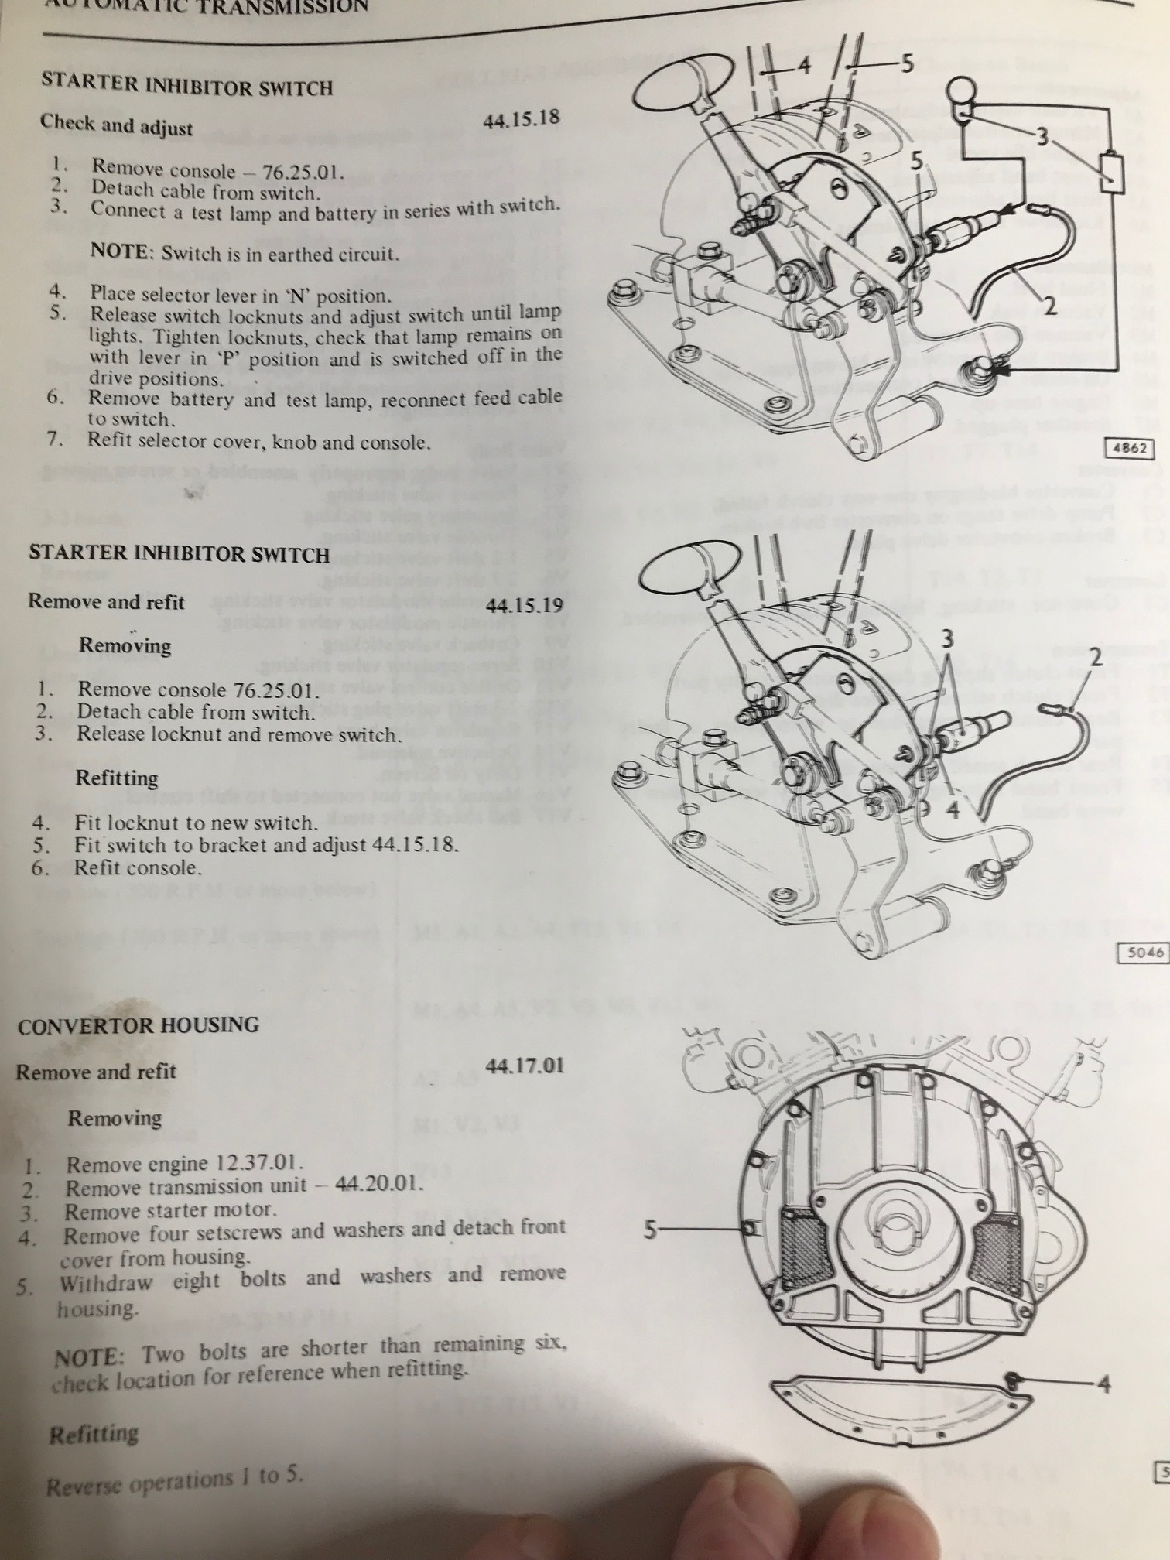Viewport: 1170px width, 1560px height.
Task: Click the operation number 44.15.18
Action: pos(520,120)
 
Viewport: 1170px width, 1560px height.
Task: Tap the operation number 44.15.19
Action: pos(525,605)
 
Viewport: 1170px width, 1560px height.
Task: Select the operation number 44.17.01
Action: pos(525,1066)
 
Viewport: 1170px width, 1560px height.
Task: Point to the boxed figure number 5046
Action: pos(1143,953)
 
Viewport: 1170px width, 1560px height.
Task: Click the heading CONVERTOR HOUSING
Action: pos(138,1025)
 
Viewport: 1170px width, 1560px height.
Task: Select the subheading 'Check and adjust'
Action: pos(116,125)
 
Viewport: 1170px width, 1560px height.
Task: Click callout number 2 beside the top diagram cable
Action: pos(1050,306)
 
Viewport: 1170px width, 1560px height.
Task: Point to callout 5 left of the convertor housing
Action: pos(652,1229)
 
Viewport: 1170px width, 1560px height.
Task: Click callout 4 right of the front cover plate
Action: pos(1104,1383)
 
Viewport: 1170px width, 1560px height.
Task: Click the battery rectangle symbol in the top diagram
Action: pos(1112,171)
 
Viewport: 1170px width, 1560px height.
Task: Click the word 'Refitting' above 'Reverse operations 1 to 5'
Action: pos(94,1435)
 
